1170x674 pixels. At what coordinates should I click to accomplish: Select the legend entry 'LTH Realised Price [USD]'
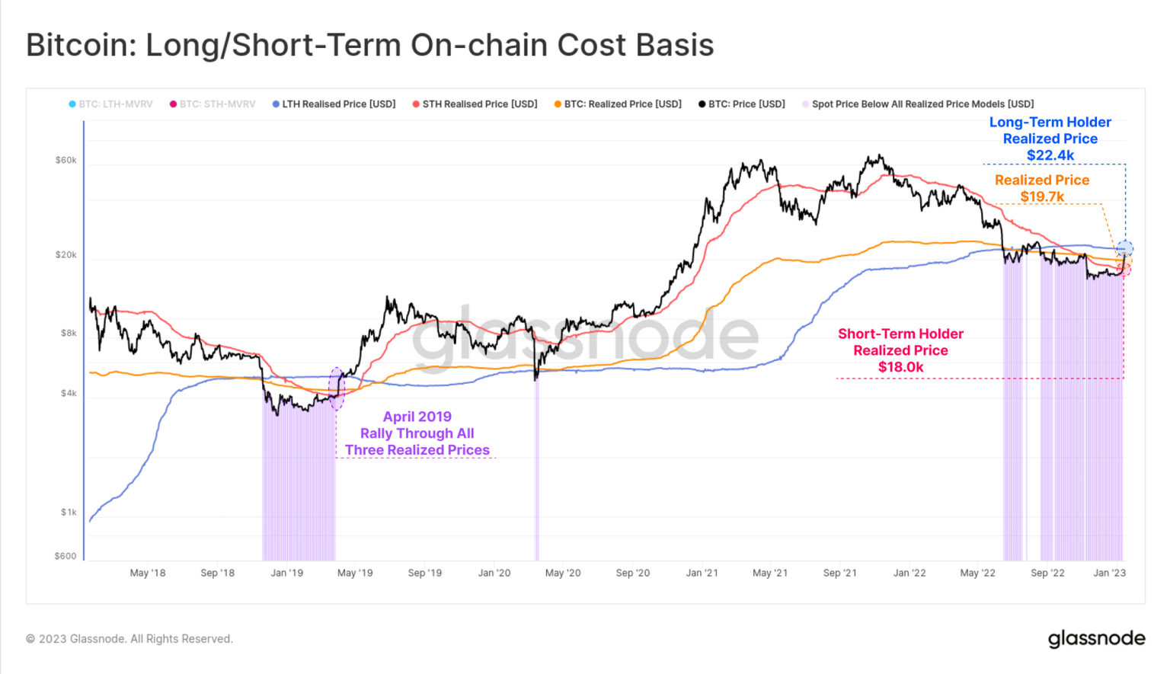tap(338, 104)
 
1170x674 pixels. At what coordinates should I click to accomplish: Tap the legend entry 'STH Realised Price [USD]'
tap(479, 104)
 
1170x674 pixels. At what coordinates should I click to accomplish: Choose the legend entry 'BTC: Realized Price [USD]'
tap(622, 104)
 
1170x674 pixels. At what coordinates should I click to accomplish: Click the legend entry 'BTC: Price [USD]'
tap(746, 104)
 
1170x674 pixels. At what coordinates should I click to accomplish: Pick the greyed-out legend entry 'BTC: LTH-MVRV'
tap(115, 104)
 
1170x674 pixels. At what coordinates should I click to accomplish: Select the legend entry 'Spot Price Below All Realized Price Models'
tap(922, 104)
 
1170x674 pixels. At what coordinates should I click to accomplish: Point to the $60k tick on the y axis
tap(66, 160)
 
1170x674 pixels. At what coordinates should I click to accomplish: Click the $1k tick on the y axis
tap(69, 512)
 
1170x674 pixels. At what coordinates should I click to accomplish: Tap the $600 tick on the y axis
tap(66, 556)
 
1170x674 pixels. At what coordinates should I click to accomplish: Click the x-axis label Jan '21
tap(702, 573)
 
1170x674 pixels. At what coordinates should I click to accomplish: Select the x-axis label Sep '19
tap(424, 573)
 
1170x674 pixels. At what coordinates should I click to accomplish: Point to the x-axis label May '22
tap(977, 573)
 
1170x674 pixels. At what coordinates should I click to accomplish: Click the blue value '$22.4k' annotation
tap(1050, 155)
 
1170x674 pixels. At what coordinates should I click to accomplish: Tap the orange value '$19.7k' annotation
tap(1042, 196)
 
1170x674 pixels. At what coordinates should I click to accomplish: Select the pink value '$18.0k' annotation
tap(900, 367)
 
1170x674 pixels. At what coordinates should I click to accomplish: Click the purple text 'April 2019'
tap(417, 417)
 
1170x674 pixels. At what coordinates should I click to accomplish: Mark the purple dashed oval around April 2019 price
tap(336, 388)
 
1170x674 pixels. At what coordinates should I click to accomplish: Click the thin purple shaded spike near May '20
tap(536, 472)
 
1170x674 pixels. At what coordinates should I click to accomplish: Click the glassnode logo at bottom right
tap(1096, 638)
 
